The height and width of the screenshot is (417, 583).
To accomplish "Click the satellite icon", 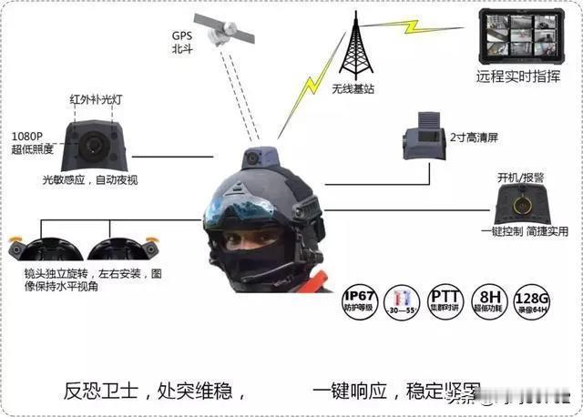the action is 223,29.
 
